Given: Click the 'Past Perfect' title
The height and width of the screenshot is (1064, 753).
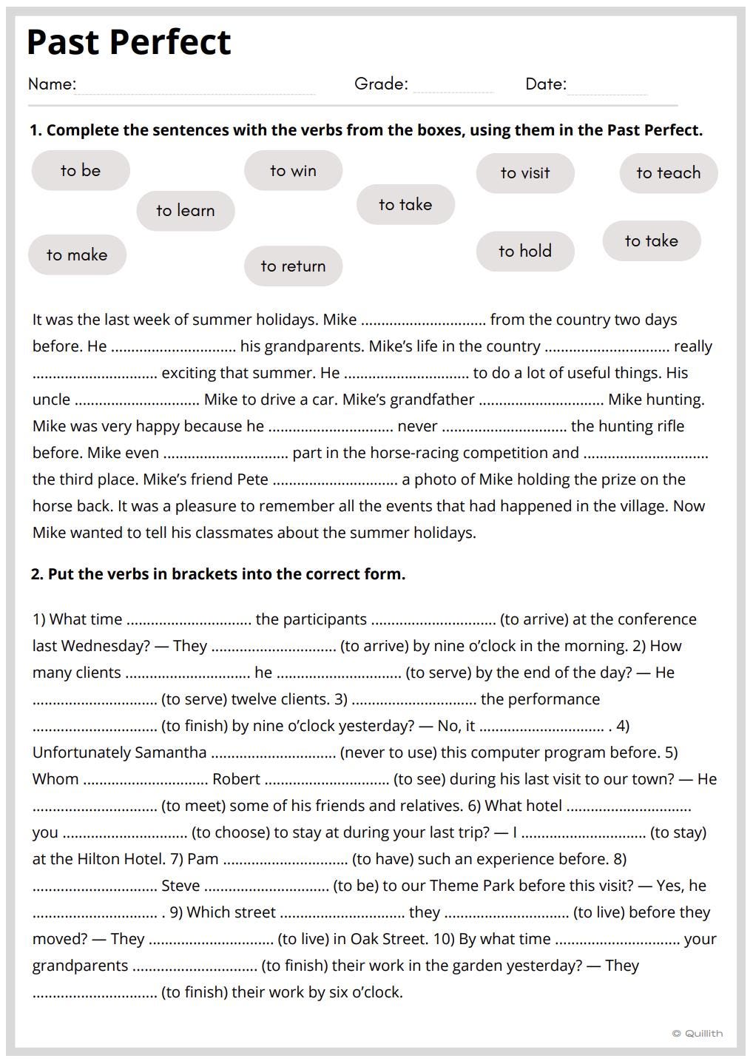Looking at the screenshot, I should point(129,42).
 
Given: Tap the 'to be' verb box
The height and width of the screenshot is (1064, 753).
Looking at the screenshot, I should point(81,170).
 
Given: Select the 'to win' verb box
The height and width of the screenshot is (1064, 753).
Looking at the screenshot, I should point(293,170).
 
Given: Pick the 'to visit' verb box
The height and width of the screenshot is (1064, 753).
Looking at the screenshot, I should point(525,173).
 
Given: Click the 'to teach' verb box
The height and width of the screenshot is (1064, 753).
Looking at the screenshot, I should point(668,173).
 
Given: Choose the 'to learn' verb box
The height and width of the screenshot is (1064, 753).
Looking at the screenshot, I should point(186,211).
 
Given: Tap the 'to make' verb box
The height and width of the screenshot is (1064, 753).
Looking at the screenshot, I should point(77,255).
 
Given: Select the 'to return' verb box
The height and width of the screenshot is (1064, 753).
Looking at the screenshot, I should point(293,266).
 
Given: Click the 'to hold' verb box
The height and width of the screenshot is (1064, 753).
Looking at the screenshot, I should point(525,252).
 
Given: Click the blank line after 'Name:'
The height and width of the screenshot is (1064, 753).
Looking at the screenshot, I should point(195,88).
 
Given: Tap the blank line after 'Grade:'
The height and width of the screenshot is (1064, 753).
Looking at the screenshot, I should point(453,88).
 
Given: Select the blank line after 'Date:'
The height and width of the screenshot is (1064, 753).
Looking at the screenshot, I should point(607,88).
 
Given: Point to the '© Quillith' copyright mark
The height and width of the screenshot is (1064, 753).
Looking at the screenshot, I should point(698,1034).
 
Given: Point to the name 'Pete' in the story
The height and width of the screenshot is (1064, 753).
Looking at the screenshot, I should point(252,479).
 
